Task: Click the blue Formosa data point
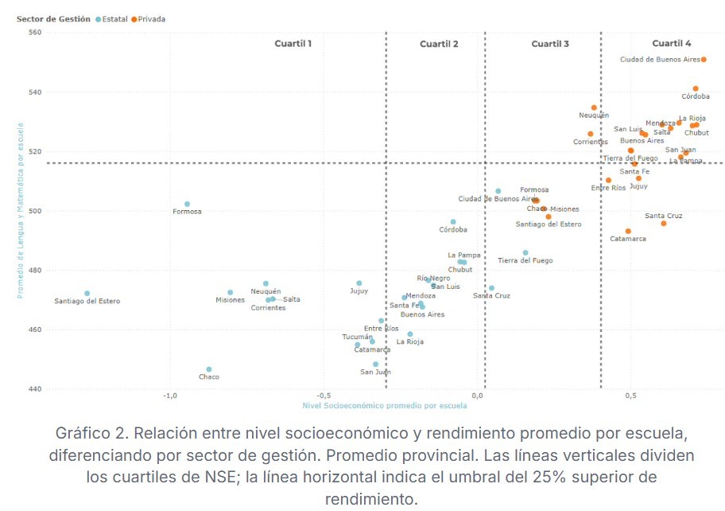tap(188, 205)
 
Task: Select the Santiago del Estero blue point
tap(87, 294)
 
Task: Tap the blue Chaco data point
tap(209, 369)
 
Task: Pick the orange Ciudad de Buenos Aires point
tap(704, 60)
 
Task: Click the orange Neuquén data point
tap(594, 107)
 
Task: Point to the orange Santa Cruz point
tap(664, 224)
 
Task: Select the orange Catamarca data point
tap(628, 232)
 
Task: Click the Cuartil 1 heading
tap(293, 44)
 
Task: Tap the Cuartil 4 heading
tap(672, 44)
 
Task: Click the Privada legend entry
tap(151, 19)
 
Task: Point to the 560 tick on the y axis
tap(34, 33)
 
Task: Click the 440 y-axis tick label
tap(34, 389)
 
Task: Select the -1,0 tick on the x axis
tap(169, 396)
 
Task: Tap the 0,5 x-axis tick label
tap(630, 396)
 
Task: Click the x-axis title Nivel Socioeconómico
tap(385, 406)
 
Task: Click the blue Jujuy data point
tap(359, 283)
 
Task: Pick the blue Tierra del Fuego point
tap(525, 253)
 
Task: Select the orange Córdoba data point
tap(696, 89)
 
